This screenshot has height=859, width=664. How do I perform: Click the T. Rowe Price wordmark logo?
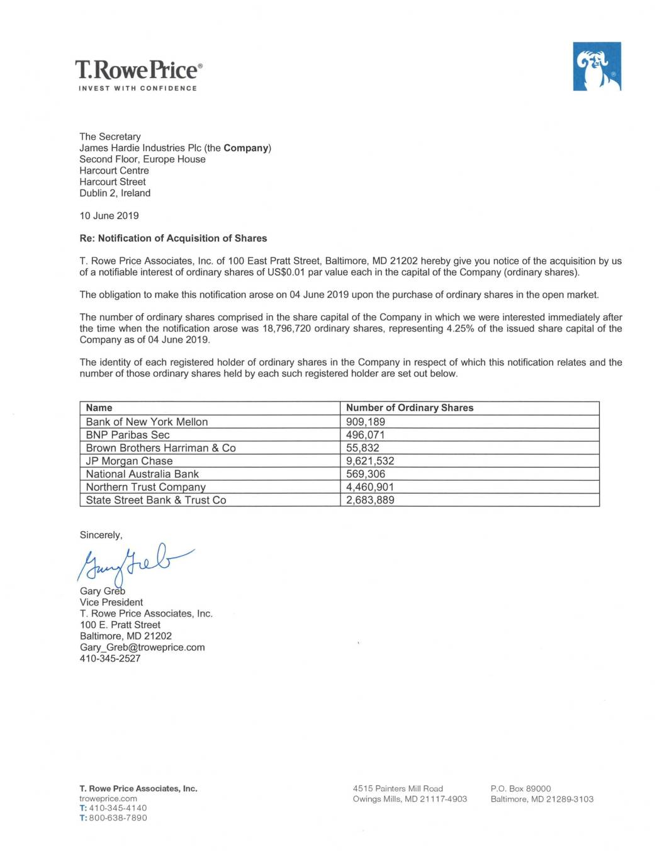(138, 69)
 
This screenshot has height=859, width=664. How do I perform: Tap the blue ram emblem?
(597, 67)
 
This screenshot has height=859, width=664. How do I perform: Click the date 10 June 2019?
(109, 216)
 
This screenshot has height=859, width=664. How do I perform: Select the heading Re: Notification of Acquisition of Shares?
(173, 239)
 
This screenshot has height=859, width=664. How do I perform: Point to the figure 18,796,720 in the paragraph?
(286, 328)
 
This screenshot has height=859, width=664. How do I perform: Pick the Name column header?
(99, 408)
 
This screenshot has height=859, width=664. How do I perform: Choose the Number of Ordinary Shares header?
(409, 408)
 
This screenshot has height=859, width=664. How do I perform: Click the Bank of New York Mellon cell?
(147, 422)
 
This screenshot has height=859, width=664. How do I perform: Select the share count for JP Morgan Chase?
(370, 461)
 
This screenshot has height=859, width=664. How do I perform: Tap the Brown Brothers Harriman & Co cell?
(160, 448)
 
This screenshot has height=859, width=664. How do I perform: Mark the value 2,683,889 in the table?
(370, 500)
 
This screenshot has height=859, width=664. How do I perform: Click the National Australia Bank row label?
(142, 474)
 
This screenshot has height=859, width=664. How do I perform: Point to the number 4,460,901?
(370, 487)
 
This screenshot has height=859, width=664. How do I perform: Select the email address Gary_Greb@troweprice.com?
(142, 648)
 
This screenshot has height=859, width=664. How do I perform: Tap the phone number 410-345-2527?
(110, 659)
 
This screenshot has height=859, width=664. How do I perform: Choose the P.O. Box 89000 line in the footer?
(521, 789)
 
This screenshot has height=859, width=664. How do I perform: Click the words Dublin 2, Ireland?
(115, 193)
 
